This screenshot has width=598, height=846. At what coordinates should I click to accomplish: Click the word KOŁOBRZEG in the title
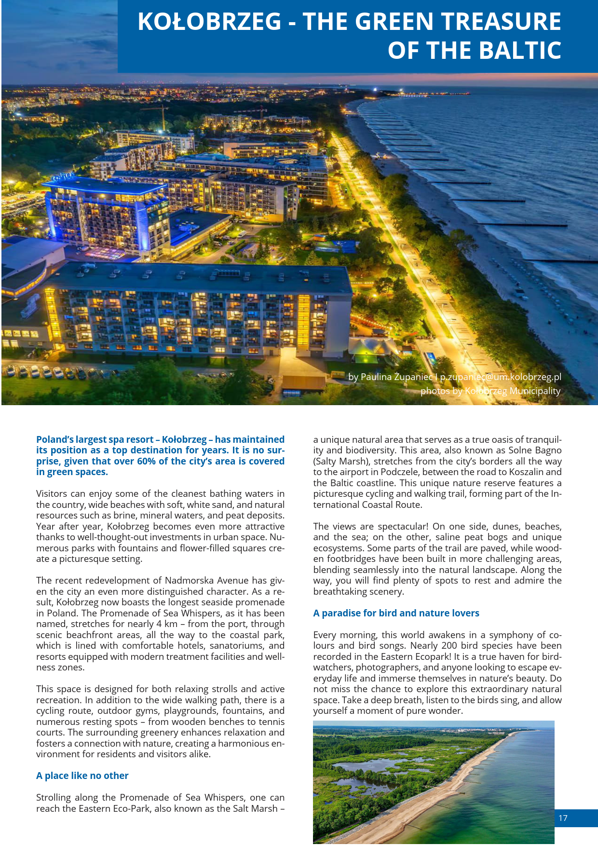[x=209, y=22]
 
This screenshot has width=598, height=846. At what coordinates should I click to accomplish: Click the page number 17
[x=563, y=818]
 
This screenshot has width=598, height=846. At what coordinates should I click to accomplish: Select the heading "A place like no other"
[x=82, y=776]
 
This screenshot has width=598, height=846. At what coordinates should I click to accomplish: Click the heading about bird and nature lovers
[x=396, y=613]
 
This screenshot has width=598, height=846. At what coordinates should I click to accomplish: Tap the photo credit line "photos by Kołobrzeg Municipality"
[x=490, y=391]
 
